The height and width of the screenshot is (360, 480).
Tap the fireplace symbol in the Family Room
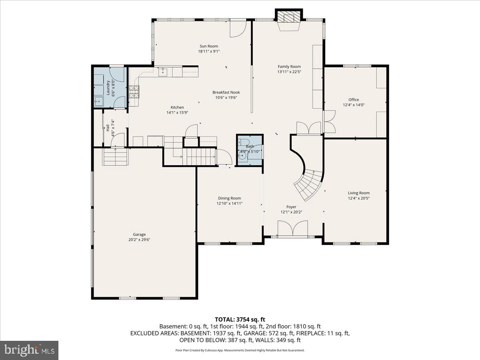(289, 18)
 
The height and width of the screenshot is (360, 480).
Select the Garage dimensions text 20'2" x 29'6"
(139, 240)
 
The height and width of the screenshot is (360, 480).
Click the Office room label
(354, 100)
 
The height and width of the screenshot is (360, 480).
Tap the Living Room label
(358, 193)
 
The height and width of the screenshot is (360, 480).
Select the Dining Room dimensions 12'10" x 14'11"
(230, 204)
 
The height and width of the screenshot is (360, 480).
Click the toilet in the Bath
(244, 142)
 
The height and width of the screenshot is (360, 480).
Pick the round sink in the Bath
(242, 155)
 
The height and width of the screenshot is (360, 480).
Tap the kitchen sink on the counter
(162, 72)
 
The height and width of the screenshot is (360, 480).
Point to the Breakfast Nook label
(226, 92)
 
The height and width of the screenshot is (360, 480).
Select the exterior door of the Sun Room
(237, 29)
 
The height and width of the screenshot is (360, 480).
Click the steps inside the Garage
(116, 156)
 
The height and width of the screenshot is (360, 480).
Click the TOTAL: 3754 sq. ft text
(240, 319)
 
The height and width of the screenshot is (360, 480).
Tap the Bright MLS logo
(30, 350)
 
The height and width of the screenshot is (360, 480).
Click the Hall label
(108, 128)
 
